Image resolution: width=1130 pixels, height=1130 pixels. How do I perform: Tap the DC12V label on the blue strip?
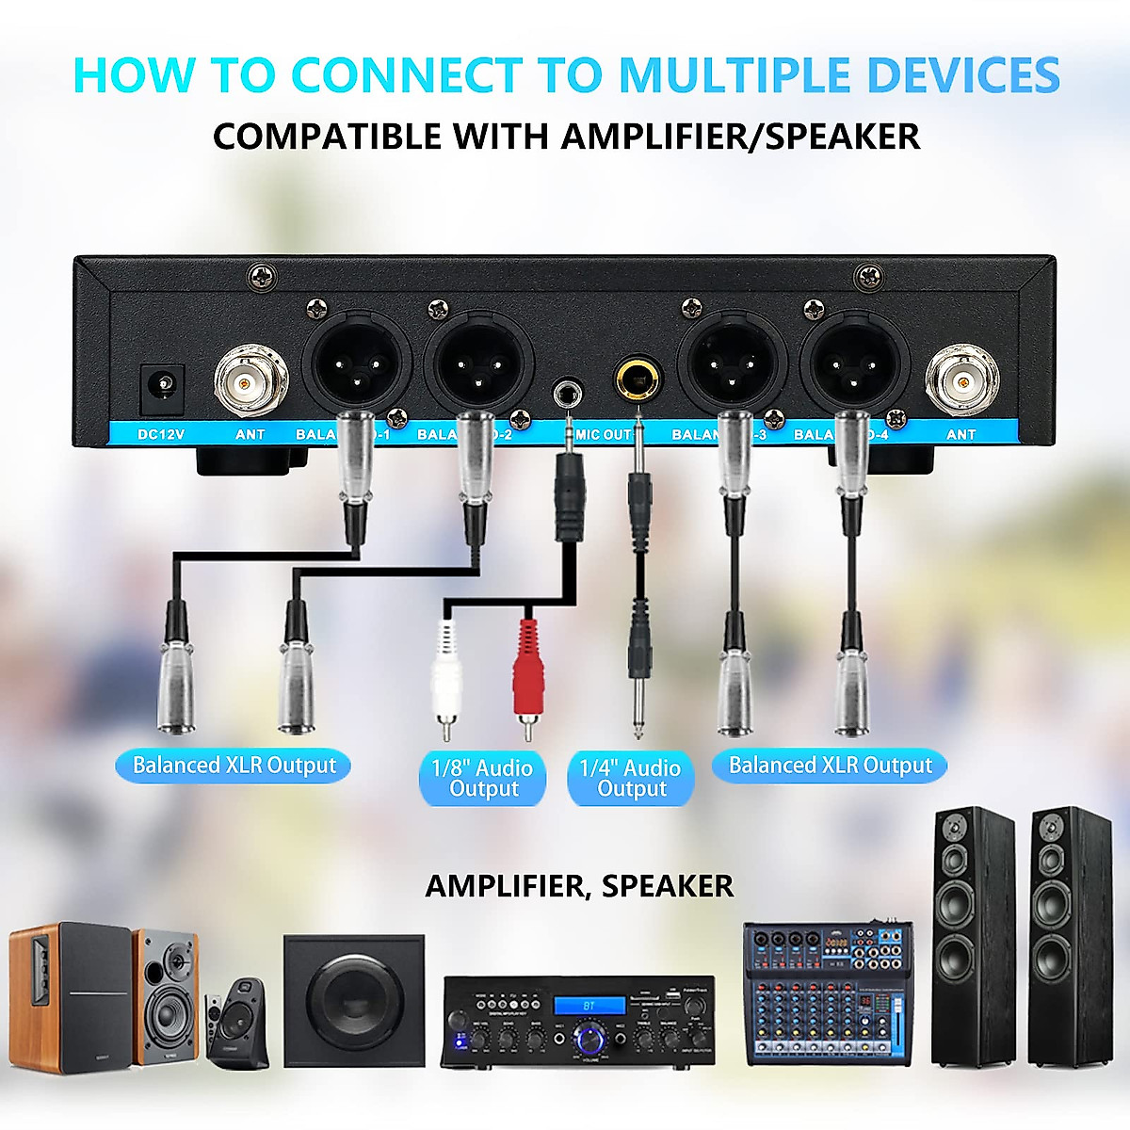tap(161, 434)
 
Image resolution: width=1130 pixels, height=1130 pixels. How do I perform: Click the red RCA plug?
tap(528, 674)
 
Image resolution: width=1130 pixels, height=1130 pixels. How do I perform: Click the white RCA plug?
tap(446, 676)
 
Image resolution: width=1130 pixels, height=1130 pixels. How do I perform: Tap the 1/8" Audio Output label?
tap(482, 779)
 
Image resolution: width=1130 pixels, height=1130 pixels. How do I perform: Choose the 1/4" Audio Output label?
tap(630, 779)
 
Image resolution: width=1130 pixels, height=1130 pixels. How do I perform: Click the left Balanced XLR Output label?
tap(234, 766)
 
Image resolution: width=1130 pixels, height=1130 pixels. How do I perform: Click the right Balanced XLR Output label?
tap(830, 766)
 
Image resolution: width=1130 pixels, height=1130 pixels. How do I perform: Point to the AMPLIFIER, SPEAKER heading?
tap(579, 886)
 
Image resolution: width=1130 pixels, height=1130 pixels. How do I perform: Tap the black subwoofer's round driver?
tap(353, 1002)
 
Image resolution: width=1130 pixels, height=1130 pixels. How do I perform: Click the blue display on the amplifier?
tap(589, 1006)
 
